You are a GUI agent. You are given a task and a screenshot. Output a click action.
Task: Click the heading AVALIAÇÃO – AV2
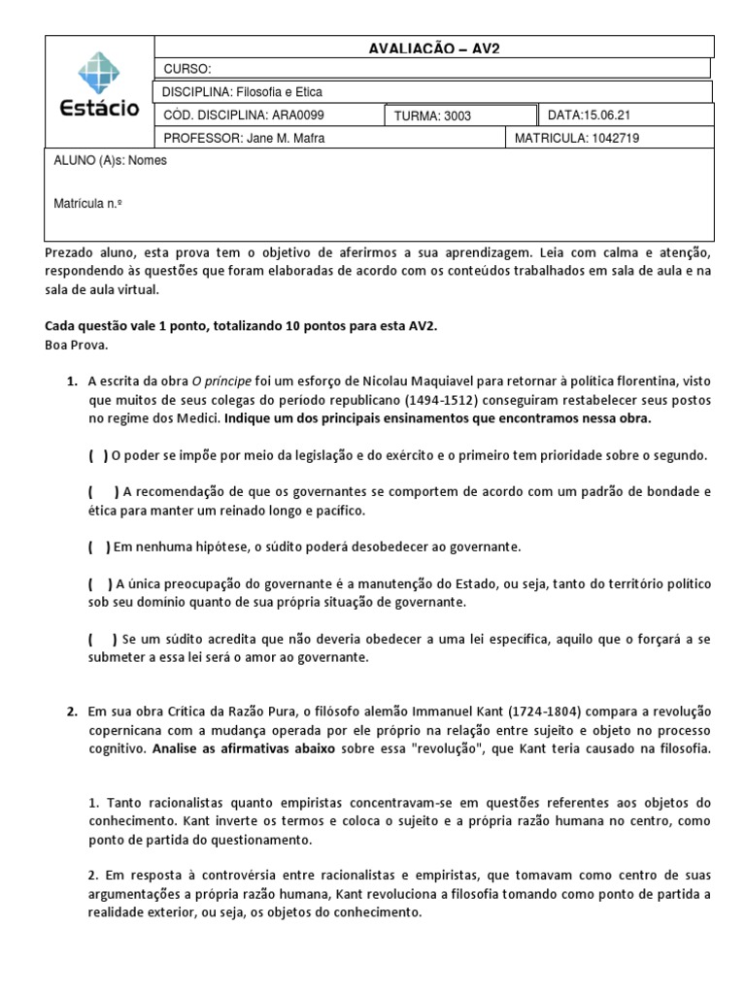pyautogui.click(x=434, y=47)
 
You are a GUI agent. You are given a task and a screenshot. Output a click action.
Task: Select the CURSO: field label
pyautogui.click(x=186, y=69)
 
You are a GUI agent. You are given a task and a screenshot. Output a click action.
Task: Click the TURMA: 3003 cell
pyautogui.click(x=432, y=116)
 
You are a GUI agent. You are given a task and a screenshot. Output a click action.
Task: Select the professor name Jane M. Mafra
pyautogui.click(x=285, y=138)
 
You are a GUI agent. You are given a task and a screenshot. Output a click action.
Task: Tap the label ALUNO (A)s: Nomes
pyautogui.click(x=110, y=161)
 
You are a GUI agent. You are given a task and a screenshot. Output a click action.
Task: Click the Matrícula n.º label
pyautogui.click(x=88, y=204)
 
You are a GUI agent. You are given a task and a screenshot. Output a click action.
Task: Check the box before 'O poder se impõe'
pyautogui.click(x=99, y=455)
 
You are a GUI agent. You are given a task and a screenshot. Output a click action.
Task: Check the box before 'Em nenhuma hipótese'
pyautogui.click(x=99, y=547)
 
